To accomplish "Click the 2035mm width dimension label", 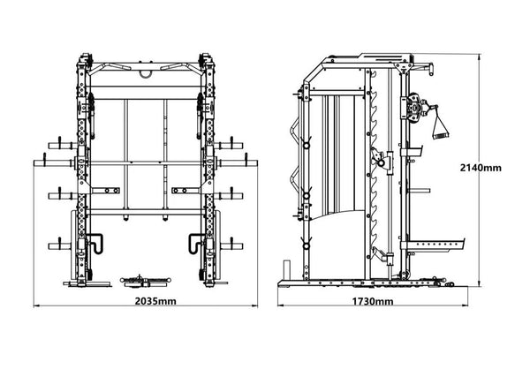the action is (155, 301).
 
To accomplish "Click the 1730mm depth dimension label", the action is (373, 301).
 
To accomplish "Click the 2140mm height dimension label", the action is (481, 168).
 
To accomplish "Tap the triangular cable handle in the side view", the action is (439, 124).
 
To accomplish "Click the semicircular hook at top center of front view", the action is (147, 75).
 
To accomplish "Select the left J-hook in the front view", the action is (95, 243).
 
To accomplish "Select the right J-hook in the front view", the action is (197, 243).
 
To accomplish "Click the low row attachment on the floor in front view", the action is (146, 282).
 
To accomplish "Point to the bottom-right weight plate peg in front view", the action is (231, 245).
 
